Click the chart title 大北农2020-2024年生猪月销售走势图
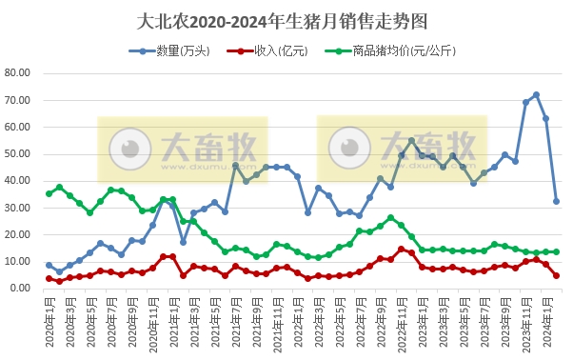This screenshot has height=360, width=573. [x=286, y=21]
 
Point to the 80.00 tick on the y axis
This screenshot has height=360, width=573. [x=19, y=73]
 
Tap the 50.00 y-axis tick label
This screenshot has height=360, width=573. [x=19, y=153]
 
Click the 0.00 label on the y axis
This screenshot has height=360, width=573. [x=22, y=287]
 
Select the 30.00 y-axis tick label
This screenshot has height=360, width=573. [x=19, y=207]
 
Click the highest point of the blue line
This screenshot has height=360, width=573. [x=536, y=94]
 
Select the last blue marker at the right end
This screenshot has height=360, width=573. [x=557, y=201]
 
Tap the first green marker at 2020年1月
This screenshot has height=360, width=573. [x=49, y=193]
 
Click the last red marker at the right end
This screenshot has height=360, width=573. [x=557, y=275]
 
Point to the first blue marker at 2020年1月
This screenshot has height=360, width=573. [x=49, y=265]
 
